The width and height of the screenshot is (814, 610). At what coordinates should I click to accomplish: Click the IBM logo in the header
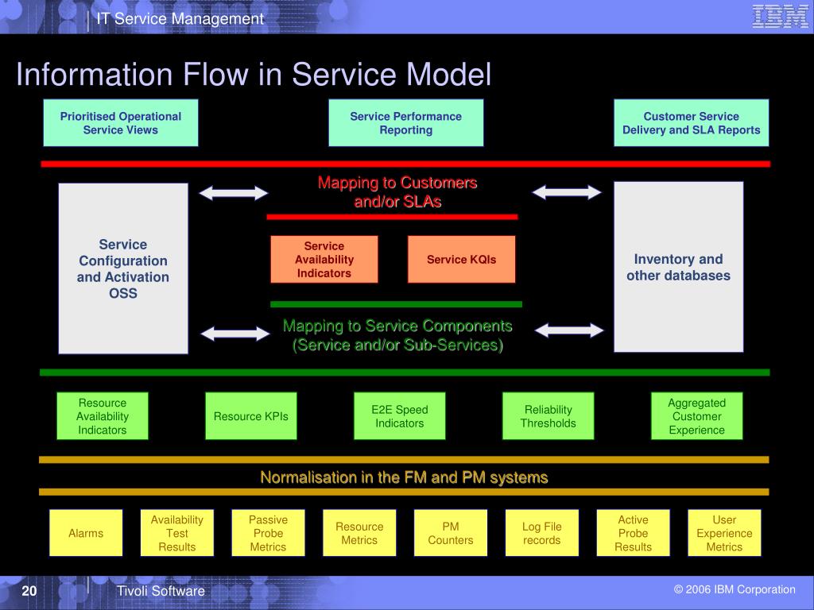click(780, 16)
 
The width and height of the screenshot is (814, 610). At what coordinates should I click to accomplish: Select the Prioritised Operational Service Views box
click(121, 123)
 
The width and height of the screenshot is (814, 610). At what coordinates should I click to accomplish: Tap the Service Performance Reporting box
click(406, 123)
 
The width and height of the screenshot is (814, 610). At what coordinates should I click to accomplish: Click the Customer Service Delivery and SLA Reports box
click(692, 123)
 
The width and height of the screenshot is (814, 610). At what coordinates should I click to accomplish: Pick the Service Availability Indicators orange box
click(324, 260)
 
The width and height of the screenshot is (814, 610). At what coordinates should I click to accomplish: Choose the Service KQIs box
click(462, 260)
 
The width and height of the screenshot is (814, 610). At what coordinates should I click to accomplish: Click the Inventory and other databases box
click(679, 267)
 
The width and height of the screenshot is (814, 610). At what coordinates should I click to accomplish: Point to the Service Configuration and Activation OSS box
click(123, 268)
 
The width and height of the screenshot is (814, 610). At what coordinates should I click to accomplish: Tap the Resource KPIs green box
click(250, 416)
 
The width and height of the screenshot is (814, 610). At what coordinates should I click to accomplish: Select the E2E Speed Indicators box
click(400, 416)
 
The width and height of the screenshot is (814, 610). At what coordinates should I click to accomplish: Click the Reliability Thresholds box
click(548, 416)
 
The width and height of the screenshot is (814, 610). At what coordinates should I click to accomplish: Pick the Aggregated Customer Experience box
click(696, 416)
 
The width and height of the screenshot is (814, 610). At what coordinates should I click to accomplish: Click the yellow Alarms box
click(86, 533)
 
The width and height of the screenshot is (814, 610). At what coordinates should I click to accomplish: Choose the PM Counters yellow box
click(451, 533)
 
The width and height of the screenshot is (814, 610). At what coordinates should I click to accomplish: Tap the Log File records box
click(542, 533)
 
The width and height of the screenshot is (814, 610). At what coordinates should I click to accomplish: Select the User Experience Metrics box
click(724, 533)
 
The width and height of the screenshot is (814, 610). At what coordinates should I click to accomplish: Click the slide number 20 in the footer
click(29, 591)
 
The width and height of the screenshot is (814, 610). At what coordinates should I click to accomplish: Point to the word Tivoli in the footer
click(133, 591)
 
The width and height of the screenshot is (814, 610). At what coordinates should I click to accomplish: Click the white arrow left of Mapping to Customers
click(234, 193)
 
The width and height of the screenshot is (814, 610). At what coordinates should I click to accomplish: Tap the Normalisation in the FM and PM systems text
click(404, 477)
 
